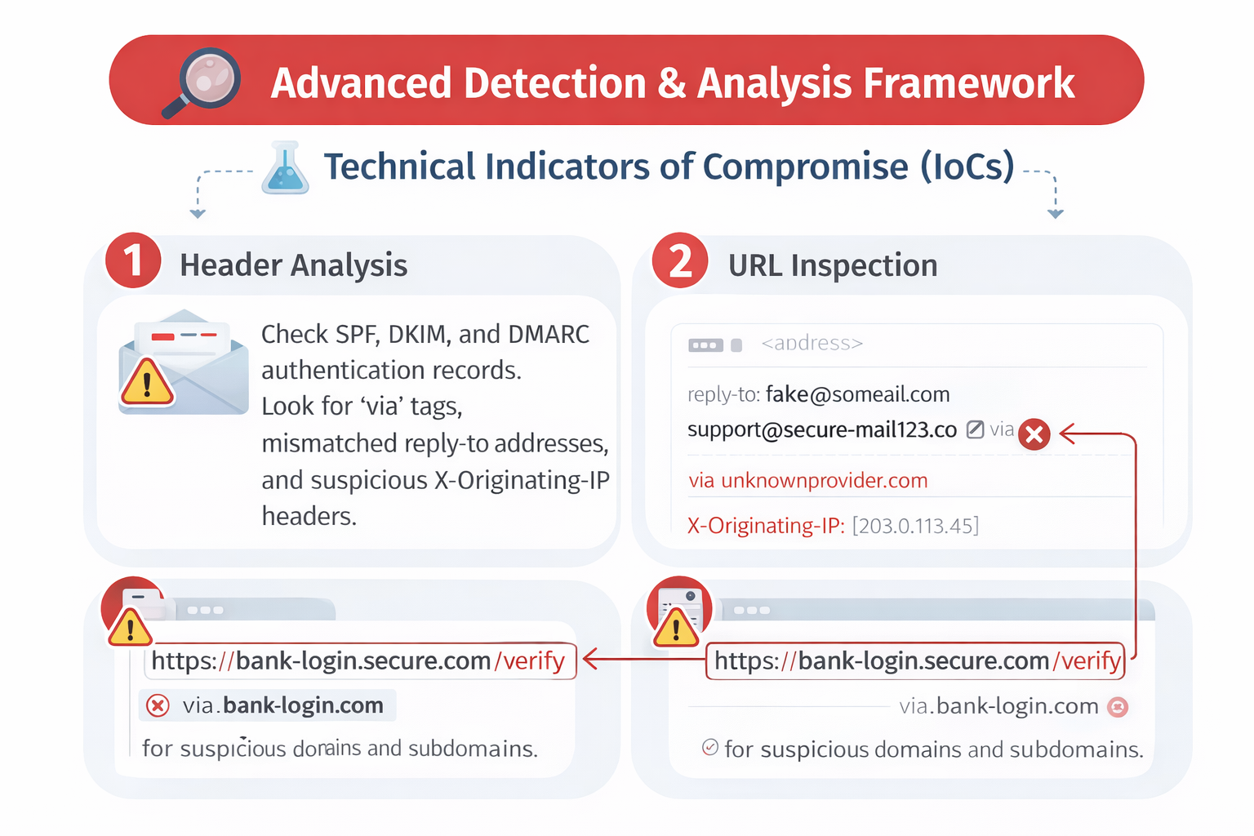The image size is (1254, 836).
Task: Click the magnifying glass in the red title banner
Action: [204, 82]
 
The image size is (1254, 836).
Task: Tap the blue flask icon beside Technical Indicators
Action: [285, 168]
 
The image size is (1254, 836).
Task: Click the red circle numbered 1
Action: [133, 261]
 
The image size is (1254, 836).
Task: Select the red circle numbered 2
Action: [679, 261]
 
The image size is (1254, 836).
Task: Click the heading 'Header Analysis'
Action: [293, 265]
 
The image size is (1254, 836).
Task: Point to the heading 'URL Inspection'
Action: [832, 265]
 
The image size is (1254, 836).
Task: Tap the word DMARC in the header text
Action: [548, 335]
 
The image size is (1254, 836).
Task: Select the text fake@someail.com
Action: [857, 394]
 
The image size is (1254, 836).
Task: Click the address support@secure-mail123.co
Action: [821, 430]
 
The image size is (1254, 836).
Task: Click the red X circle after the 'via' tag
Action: [1034, 434]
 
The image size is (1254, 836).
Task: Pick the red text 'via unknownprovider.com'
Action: [807, 480]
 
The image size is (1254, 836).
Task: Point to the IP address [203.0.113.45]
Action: [914, 526]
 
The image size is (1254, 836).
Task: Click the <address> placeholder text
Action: [812, 344]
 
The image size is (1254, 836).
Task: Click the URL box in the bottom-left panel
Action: [359, 660]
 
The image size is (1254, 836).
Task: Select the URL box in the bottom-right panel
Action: [915, 660]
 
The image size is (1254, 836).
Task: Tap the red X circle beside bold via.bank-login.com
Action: [158, 705]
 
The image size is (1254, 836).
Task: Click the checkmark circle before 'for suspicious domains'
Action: [710, 747]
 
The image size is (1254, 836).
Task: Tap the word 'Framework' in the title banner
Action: [968, 83]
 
